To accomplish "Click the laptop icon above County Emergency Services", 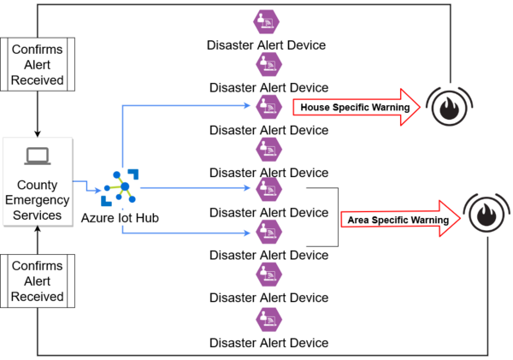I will [x=37, y=156].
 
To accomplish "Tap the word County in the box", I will [x=37, y=185].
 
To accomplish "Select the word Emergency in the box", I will [x=37, y=200].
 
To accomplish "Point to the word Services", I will [x=37, y=215].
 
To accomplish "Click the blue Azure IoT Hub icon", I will [x=117, y=187].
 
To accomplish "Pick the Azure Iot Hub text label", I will [x=120, y=218].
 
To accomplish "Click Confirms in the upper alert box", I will [x=37, y=50].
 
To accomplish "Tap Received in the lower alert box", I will [x=37, y=297].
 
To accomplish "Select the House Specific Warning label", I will [x=354, y=107].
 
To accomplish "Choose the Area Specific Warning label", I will [x=398, y=220].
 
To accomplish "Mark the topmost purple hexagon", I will [x=269, y=21].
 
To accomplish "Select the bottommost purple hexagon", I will [x=269, y=319].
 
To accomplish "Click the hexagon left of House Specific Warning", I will [x=269, y=106].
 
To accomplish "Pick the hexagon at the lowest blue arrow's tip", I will [x=269, y=231].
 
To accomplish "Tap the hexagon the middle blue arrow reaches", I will [x=269, y=187].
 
